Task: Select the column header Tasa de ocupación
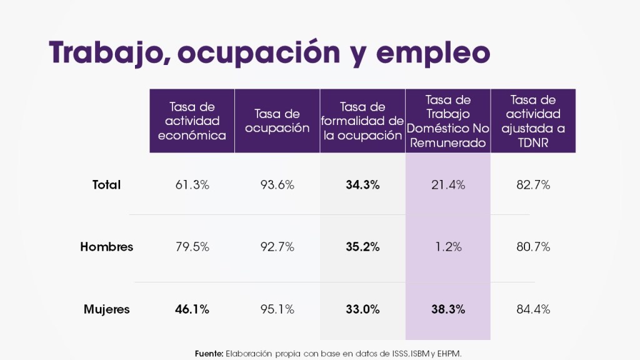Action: (277, 121)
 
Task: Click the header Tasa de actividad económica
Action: (192, 121)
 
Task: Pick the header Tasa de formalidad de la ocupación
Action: (362, 121)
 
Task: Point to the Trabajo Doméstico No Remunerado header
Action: (447, 121)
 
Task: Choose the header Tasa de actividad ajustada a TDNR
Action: (532, 121)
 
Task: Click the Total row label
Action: (106, 185)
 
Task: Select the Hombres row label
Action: (106, 247)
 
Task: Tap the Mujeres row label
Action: (106, 309)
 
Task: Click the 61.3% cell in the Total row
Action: (192, 185)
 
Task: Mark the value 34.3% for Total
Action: (362, 185)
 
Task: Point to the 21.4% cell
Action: (447, 185)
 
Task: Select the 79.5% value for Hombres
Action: (192, 247)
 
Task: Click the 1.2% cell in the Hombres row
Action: (447, 247)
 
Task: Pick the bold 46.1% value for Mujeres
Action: (192, 309)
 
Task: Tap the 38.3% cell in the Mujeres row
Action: (447, 309)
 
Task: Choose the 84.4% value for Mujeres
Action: (532, 309)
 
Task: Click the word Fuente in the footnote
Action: (209, 353)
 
